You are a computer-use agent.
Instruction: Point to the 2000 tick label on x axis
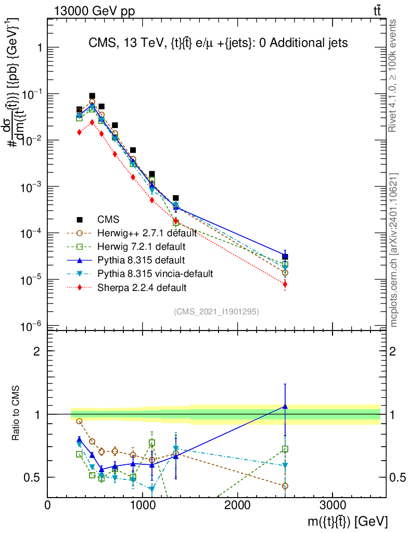point(238,505)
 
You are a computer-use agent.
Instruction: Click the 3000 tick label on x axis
point(333,505)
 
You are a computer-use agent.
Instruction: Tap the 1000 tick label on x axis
point(143,505)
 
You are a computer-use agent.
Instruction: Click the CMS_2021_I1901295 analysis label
point(216,311)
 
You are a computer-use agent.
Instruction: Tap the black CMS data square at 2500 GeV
point(285,257)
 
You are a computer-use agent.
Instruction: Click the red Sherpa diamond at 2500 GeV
point(285,284)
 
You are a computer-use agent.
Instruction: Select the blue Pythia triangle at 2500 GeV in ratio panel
point(285,406)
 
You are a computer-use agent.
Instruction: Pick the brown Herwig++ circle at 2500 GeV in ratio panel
point(285,486)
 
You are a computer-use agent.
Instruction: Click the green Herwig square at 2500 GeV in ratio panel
point(285,449)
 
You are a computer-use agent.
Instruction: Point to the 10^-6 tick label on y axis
point(32,327)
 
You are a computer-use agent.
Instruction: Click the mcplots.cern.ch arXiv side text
point(394,250)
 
